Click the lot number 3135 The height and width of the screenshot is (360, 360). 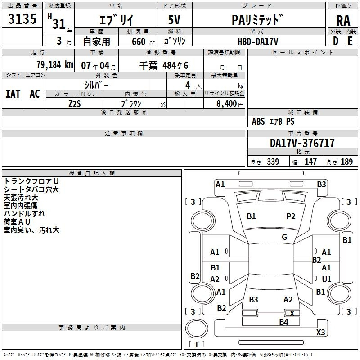click(22, 18)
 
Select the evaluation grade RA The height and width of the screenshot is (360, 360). click(343, 21)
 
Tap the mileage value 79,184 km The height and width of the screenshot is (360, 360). click(55, 65)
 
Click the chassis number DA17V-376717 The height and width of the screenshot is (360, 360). click(302, 143)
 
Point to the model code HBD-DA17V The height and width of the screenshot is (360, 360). click(258, 41)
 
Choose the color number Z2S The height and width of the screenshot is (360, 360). click(75, 104)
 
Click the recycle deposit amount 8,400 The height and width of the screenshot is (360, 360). click(227, 104)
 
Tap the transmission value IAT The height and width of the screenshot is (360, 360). click(13, 94)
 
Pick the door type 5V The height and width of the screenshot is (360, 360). click(174, 20)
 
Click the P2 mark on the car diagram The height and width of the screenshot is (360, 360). click(291, 216)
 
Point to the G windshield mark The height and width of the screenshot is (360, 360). click(284, 237)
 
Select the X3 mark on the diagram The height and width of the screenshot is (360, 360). click(320, 332)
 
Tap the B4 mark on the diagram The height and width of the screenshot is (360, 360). click(283, 322)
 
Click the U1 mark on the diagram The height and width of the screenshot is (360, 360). click(327, 279)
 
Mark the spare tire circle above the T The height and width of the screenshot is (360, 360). click(197, 328)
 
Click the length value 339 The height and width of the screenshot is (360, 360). click(273, 162)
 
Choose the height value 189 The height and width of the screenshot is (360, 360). click(346, 162)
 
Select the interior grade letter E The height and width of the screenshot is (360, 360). click(350, 41)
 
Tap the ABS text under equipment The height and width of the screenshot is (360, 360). click(258, 121)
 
